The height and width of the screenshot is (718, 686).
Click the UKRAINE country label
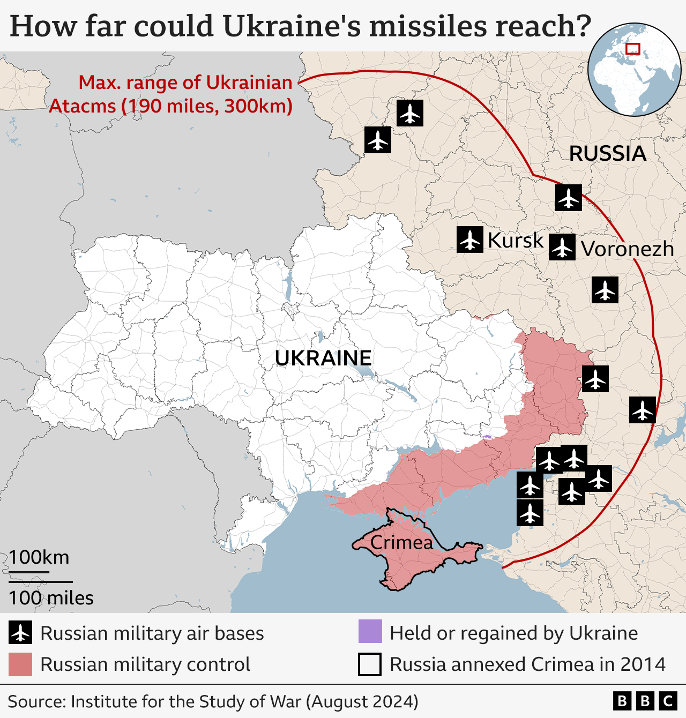click(323, 358)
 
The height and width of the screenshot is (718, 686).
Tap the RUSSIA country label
click(607, 154)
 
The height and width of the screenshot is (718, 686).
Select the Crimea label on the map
click(401, 543)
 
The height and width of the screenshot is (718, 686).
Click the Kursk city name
click(516, 241)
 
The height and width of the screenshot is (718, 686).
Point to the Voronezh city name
click(628, 249)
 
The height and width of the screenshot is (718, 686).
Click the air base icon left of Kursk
click(470, 240)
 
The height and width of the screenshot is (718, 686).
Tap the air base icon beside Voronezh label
click(562, 248)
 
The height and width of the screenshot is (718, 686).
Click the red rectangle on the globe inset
click(633, 49)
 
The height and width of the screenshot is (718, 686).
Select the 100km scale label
click(39, 557)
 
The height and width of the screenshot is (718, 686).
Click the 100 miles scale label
click(51, 598)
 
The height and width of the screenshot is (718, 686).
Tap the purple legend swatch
click(370, 631)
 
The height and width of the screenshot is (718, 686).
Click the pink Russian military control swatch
click(20, 664)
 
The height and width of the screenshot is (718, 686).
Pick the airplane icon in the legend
click(20, 633)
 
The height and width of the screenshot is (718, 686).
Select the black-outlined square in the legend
click(370, 664)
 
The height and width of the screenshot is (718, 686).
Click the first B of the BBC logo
click(622, 701)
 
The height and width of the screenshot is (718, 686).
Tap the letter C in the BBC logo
click(668, 701)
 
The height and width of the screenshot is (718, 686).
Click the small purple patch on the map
click(487, 437)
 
